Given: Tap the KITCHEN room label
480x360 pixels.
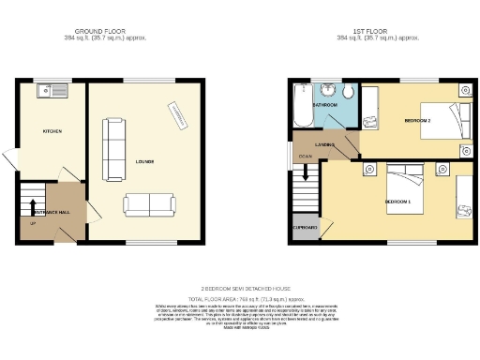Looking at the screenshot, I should pyautogui.click(x=52, y=131).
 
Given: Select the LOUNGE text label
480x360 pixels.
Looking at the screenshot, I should pyautogui.click(x=144, y=161).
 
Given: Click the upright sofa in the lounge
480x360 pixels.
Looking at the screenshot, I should pyautogui.click(x=113, y=150).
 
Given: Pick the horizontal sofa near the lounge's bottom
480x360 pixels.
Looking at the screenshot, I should pyautogui.click(x=148, y=203).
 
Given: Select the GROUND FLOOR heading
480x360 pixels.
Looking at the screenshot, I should pyautogui.click(x=101, y=30).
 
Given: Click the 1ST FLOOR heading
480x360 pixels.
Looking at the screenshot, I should pyautogui.click(x=377, y=30).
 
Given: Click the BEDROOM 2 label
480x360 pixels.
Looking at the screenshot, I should pyautogui.click(x=417, y=121).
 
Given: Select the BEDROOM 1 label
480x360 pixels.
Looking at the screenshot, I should pyautogui.click(x=397, y=202).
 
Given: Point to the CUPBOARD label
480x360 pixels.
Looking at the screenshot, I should pyautogui.click(x=306, y=227).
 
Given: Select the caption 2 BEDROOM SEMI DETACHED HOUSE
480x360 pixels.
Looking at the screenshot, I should pyautogui.click(x=240, y=289).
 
